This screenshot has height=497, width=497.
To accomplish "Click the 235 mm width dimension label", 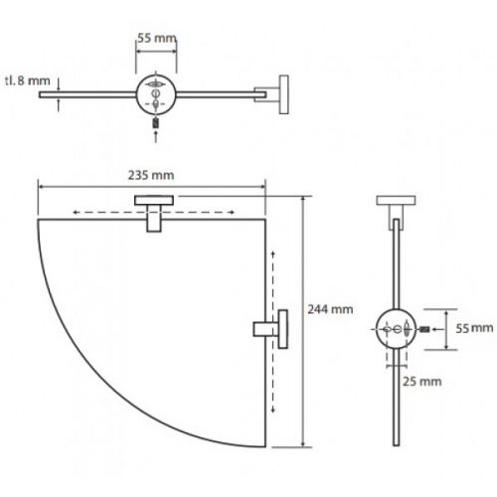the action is tap(151, 175).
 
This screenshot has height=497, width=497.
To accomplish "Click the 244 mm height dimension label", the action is tap(330, 309).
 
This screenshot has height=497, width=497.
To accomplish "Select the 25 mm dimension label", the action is tap(422, 382).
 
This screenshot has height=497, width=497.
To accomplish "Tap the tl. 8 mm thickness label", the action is tap(28, 81).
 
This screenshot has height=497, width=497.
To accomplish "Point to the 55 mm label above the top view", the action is tap(157, 38).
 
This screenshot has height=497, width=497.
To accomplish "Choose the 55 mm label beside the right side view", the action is tap(474, 328).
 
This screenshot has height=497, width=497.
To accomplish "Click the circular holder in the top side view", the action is tap(156, 94).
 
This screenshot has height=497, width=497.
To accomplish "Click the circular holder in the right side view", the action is tap(397, 329).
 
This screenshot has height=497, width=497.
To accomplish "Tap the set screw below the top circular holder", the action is tap(156, 123).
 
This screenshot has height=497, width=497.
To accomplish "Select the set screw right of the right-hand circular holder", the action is tap(425, 329).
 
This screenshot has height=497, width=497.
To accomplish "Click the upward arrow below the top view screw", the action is tap(156, 137).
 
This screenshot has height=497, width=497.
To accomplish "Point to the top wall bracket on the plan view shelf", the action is tap(154, 214).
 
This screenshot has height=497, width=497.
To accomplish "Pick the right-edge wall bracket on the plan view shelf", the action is tap(270, 329).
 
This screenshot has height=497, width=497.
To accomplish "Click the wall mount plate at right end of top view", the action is tap(283, 94).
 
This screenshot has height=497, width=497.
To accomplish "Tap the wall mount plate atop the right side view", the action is tap(396, 200).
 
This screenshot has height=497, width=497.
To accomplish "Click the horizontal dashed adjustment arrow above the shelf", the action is tap(154, 213).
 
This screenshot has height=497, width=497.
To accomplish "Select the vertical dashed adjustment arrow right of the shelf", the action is tap(273, 332).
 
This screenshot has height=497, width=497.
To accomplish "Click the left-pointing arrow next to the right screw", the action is tap(438, 329).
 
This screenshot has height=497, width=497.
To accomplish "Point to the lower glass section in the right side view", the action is tap(397, 398).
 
